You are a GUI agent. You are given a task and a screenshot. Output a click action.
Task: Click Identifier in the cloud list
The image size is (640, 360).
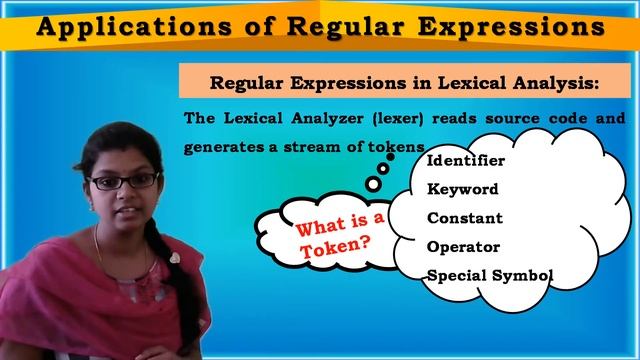point(465,160)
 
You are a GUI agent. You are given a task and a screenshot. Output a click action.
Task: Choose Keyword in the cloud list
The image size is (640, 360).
point(462,189)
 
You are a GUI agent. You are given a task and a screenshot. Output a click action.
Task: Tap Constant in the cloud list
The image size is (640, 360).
point(464,217)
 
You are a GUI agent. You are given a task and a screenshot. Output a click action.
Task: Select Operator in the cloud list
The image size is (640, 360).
point(464,246)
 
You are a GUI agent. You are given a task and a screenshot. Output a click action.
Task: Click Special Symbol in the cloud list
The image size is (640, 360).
point(489,275)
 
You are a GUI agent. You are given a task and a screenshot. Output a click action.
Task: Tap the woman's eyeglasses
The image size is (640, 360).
point(123,181)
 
